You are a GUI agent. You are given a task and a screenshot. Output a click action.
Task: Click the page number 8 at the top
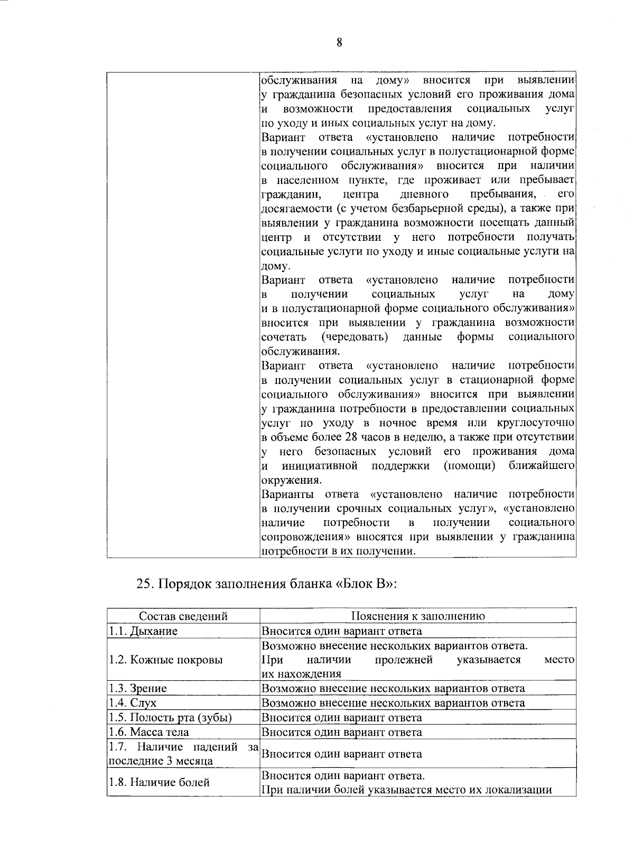340,43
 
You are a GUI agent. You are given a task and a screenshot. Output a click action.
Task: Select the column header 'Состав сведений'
183,616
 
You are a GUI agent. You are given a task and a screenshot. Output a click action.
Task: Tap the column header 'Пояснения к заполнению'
418,616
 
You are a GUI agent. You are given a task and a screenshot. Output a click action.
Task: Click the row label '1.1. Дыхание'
143,631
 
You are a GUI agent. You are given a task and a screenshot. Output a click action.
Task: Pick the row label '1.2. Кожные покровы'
165,660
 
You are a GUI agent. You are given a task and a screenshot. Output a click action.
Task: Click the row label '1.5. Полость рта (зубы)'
170,718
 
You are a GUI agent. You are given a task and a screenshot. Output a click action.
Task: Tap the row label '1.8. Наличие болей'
159,783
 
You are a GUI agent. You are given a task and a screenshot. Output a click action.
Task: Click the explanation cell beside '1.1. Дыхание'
342,631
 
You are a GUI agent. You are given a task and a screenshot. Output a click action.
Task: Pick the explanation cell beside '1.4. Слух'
393,703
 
